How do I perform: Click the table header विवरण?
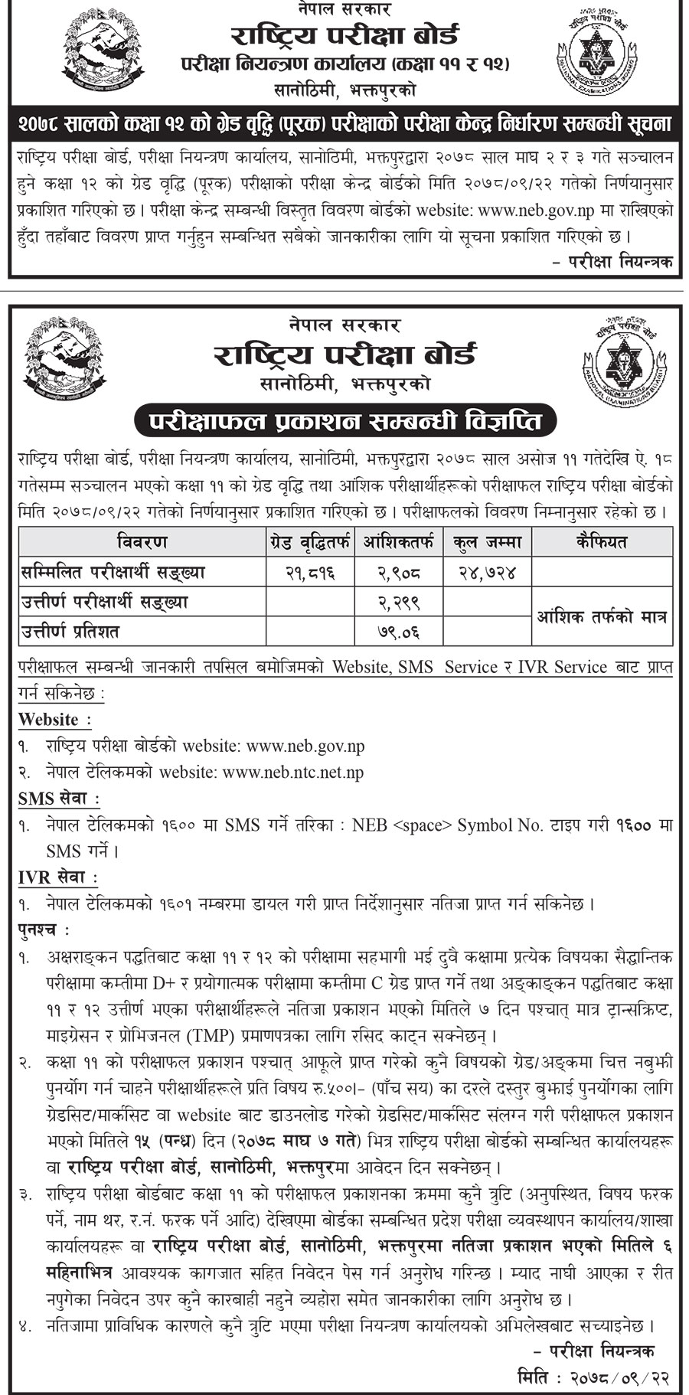pyautogui.click(x=142, y=543)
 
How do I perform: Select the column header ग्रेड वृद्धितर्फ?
pyautogui.click(x=309, y=543)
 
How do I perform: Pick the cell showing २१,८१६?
pyautogui.click(x=309, y=572)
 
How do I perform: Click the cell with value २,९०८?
pyautogui.click(x=399, y=572)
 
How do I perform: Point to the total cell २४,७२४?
pyautogui.click(x=487, y=572)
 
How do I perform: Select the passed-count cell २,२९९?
pyautogui.click(x=399, y=602)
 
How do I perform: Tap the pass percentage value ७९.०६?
pyautogui.click(x=399, y=632)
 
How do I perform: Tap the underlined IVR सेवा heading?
pyautogui.click(x=57, y=877)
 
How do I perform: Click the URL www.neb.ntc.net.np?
pyautogui.click(x=293, y=773)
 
